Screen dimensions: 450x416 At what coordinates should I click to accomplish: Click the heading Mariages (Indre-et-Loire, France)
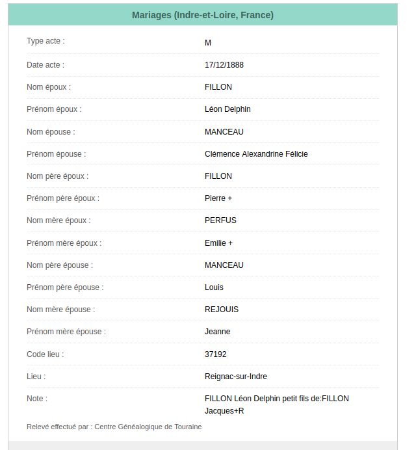click(202, 15)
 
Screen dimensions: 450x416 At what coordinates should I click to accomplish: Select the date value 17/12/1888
click(224, 65)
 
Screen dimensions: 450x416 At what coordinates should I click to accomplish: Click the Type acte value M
click(208, 43)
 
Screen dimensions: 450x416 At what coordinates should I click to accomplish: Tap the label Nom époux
click(49, 87)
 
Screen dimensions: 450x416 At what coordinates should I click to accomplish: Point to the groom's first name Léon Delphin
click(227, 109)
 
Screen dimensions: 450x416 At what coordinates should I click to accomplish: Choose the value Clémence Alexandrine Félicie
click(256, 154)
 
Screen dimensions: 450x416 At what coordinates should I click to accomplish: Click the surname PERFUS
click(220, 220)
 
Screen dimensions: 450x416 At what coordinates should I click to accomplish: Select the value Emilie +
click(218, 243)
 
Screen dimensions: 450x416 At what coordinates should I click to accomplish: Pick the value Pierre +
click(218, 198)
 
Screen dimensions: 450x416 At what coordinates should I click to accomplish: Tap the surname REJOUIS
click(222, 310)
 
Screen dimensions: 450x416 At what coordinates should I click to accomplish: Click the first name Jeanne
click(217, 332)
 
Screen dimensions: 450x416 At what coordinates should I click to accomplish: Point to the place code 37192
click(215, 354)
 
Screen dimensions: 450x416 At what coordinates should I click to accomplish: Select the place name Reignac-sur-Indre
click(235, 377)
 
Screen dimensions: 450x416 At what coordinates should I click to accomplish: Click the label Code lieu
click(45, 354)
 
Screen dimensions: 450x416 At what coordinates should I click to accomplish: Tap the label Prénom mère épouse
click(66, 332)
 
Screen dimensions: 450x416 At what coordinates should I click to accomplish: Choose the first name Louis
click(214, 287)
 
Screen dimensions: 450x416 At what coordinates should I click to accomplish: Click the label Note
click(37, 399)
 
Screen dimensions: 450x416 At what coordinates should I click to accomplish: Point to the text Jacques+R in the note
click(224, 411)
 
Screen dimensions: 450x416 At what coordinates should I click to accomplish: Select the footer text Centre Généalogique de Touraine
click(148, 427)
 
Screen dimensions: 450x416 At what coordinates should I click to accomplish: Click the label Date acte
click(45, 65)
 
